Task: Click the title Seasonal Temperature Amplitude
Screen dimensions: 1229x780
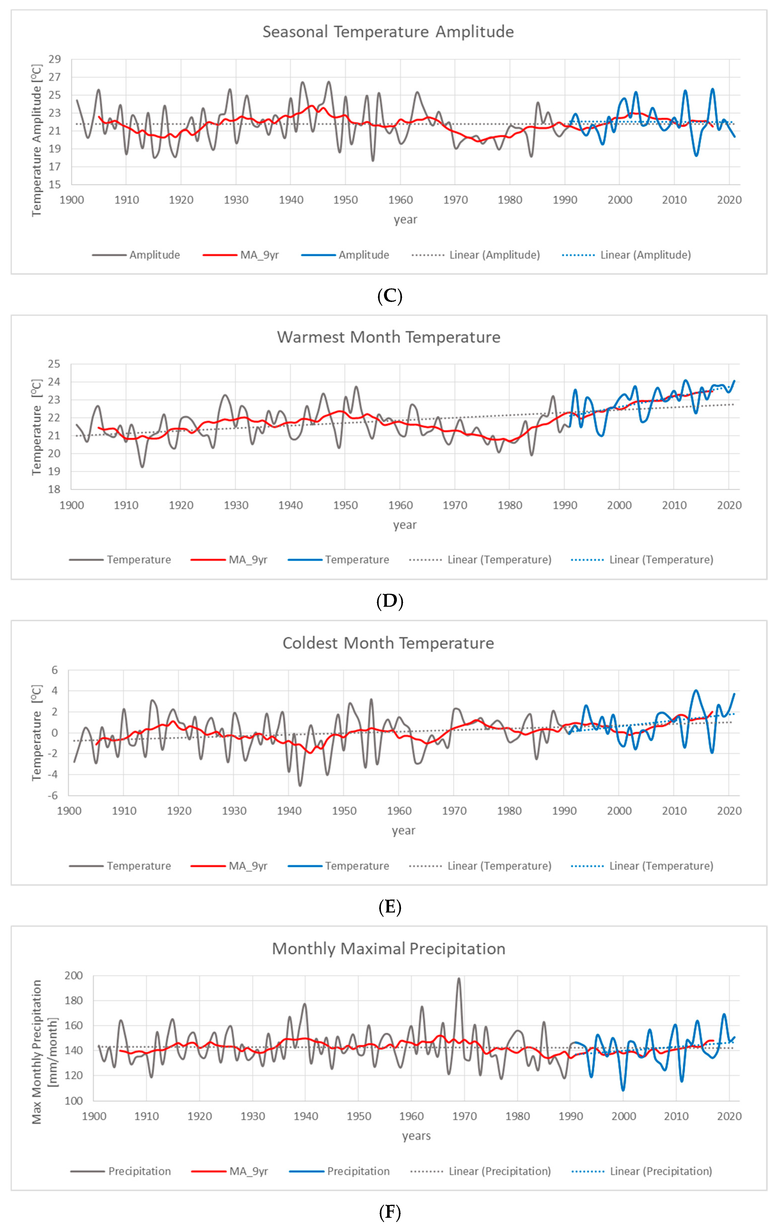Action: click(388, 32)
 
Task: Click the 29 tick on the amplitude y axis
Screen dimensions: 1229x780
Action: click(55, 59)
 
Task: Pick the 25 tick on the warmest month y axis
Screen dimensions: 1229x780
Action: click(54, 364)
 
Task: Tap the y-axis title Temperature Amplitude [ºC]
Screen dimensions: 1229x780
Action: click(36, 140)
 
